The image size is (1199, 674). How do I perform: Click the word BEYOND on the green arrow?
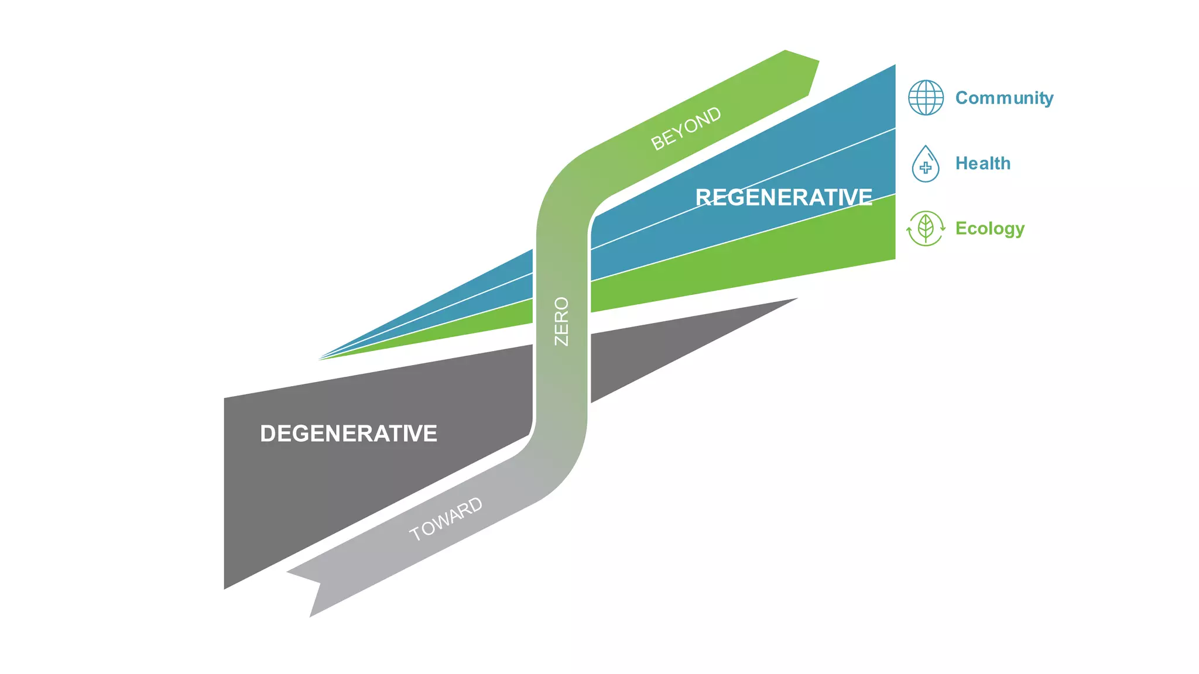coord(686,128)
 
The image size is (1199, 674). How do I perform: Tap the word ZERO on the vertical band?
coord(561,321)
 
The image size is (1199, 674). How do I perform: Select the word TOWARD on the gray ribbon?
coord(446,519)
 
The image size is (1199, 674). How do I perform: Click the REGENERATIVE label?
coord(783,197)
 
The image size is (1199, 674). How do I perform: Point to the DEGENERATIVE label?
coord(348,434)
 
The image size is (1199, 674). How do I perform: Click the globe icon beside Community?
coord(926,98)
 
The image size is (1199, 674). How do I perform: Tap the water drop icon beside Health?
coord(926,164)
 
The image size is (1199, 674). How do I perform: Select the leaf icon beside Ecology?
coord(926,228)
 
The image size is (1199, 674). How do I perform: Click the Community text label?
coord(1004,98)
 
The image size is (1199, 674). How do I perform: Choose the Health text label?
coord(982,163)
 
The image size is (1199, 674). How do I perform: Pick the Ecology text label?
coord(989,228)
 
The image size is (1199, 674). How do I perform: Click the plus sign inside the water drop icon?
coord(926,168)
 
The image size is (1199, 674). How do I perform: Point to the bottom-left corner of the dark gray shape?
coord(226,586)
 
